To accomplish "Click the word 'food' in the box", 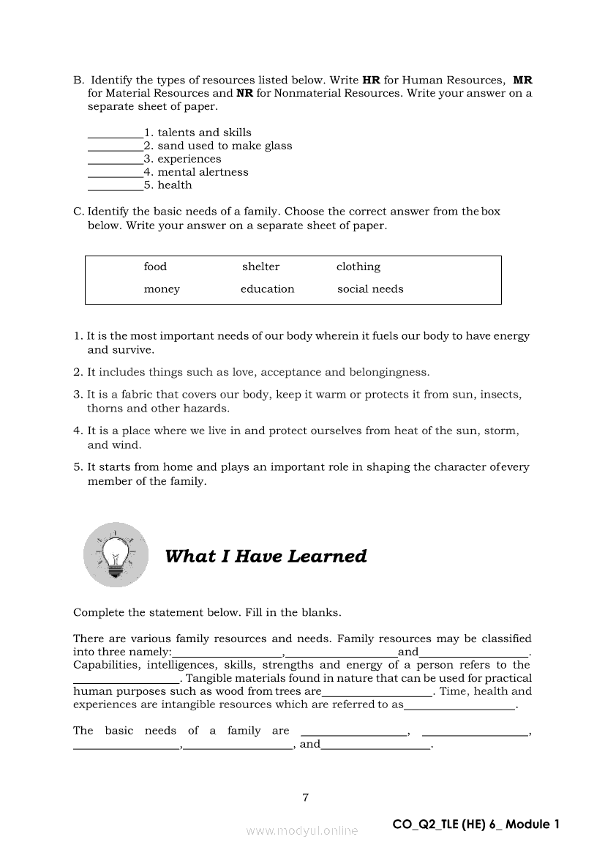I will coord(155,267).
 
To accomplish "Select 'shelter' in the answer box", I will coord(260,267).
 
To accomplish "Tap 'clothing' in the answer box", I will coord(358,267).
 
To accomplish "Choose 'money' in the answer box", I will coord(162,289).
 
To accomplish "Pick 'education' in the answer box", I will coord(267,289).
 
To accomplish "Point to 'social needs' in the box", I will coord(370,289).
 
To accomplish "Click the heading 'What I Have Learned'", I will coord(266,557).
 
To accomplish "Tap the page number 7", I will coord(305,797).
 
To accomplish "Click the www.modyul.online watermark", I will coord(302,831).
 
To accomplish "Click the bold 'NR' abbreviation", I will coord(244,93).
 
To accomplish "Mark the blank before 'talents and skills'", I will coord(115,134).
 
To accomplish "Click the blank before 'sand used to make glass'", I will coord(115,147).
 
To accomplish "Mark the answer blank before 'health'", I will coord(115,187).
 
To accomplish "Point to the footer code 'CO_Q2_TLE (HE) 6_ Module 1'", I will coord(476,825).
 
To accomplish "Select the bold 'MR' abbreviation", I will coord(522,80).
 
